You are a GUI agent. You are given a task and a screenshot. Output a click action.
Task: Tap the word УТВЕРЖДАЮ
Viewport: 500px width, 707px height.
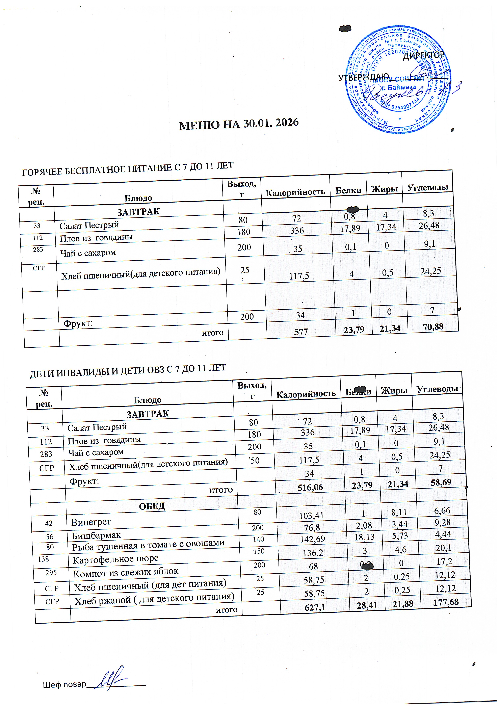point(363,77)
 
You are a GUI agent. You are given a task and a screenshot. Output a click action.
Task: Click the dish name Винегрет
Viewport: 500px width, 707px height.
point(91,522)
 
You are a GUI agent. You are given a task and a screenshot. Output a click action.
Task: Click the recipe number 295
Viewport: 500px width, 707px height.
point(51,572)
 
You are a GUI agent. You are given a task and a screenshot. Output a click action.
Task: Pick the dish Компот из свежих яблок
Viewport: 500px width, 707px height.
point(126,572)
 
